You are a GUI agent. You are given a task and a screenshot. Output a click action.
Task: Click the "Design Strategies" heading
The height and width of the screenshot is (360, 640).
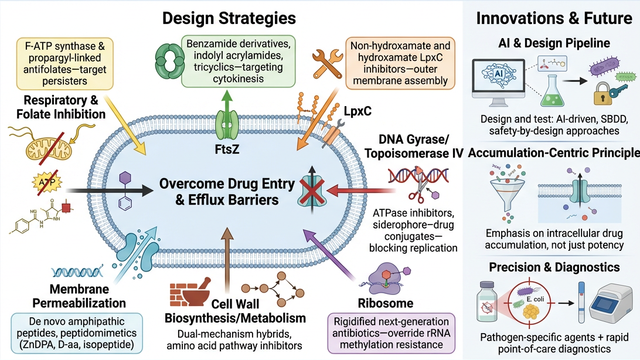[229, 18]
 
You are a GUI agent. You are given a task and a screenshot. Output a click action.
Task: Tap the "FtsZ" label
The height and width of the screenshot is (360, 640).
[227, 150]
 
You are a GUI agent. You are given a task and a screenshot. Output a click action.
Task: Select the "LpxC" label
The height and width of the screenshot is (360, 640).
[358, 111]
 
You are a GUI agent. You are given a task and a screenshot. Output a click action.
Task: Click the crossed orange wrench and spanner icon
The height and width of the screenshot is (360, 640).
[328, 63]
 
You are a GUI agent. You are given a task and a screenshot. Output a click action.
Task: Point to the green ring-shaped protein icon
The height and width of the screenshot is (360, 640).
[170, 62]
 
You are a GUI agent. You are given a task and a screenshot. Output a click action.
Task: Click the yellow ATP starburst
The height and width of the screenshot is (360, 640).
[47, 182]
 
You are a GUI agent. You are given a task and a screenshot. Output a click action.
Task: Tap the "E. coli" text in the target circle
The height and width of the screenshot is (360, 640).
[535, 299]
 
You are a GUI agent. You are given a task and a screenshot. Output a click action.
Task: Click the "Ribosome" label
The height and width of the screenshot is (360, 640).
[385, 303]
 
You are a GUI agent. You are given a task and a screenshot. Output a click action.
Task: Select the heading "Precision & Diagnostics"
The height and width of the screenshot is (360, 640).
[554, 267]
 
